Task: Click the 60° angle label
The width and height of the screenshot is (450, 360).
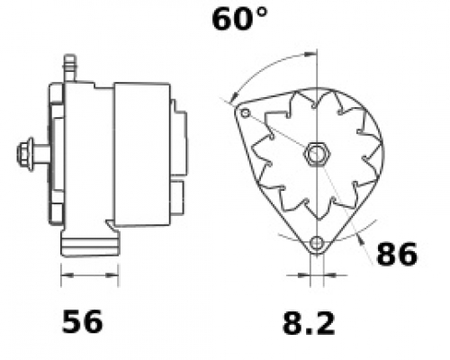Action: point(239,20)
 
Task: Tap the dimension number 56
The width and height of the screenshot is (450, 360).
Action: point(82,322)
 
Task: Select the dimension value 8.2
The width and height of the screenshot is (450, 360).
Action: point(309,323)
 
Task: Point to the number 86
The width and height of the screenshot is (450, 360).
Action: point(397,254)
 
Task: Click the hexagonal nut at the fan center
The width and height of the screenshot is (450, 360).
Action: point(317,154)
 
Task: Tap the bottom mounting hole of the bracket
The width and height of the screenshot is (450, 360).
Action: point(317,242)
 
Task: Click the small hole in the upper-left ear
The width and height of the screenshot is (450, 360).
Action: point(246,113)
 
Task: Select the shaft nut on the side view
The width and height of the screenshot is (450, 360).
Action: point(25,155)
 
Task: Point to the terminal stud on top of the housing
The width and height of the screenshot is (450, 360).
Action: point(69,68)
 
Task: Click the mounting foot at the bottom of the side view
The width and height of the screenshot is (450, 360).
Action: point(90,244)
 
